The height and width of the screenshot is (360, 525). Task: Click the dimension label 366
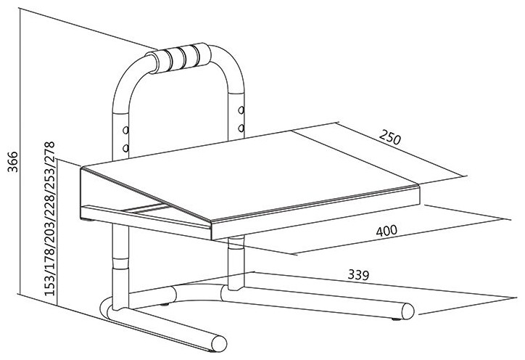tap(13, 162)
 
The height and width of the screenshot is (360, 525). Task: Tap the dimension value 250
tap(389, 136)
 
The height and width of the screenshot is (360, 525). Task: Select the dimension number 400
tap(386, 231)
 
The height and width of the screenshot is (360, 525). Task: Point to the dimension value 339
tap(358, 275)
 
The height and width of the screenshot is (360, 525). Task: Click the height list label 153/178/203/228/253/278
tap(49, 218)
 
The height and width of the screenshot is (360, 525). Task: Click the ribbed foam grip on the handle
tap(183, 57)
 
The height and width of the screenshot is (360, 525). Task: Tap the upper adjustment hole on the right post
tap(241, 110)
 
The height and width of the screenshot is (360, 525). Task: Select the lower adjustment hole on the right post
tap(241, 128)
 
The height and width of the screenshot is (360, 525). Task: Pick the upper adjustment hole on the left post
tap(125, 130)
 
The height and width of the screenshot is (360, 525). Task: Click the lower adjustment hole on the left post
tap(125, 147)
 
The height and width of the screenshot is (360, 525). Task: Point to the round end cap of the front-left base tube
tap(219, 343)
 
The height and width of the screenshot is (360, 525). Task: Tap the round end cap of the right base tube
tap(408, 311)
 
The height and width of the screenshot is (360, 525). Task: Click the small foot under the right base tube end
tap(397, 319)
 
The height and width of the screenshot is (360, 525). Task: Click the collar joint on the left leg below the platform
tap(120, 263)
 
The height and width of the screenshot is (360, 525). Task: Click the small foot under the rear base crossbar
tap(164, 305)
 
